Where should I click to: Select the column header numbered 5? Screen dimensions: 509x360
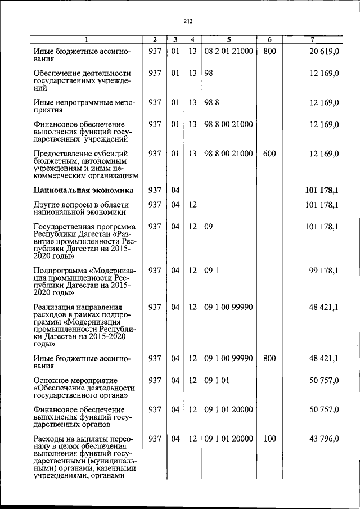pyautogui.click(x=229, y=39)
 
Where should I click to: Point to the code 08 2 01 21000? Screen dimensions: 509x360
pyautogui.click(x=228, y=51)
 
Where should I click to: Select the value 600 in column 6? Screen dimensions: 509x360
pyautogui.click(x=269, y=154)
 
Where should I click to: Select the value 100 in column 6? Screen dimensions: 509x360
pyautogui.click(x=269, y=439)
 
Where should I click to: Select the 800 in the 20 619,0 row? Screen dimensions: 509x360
pyautogui.click(x=269, y=51)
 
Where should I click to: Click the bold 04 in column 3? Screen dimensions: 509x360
pyautogui.click(x=175, y=190)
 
